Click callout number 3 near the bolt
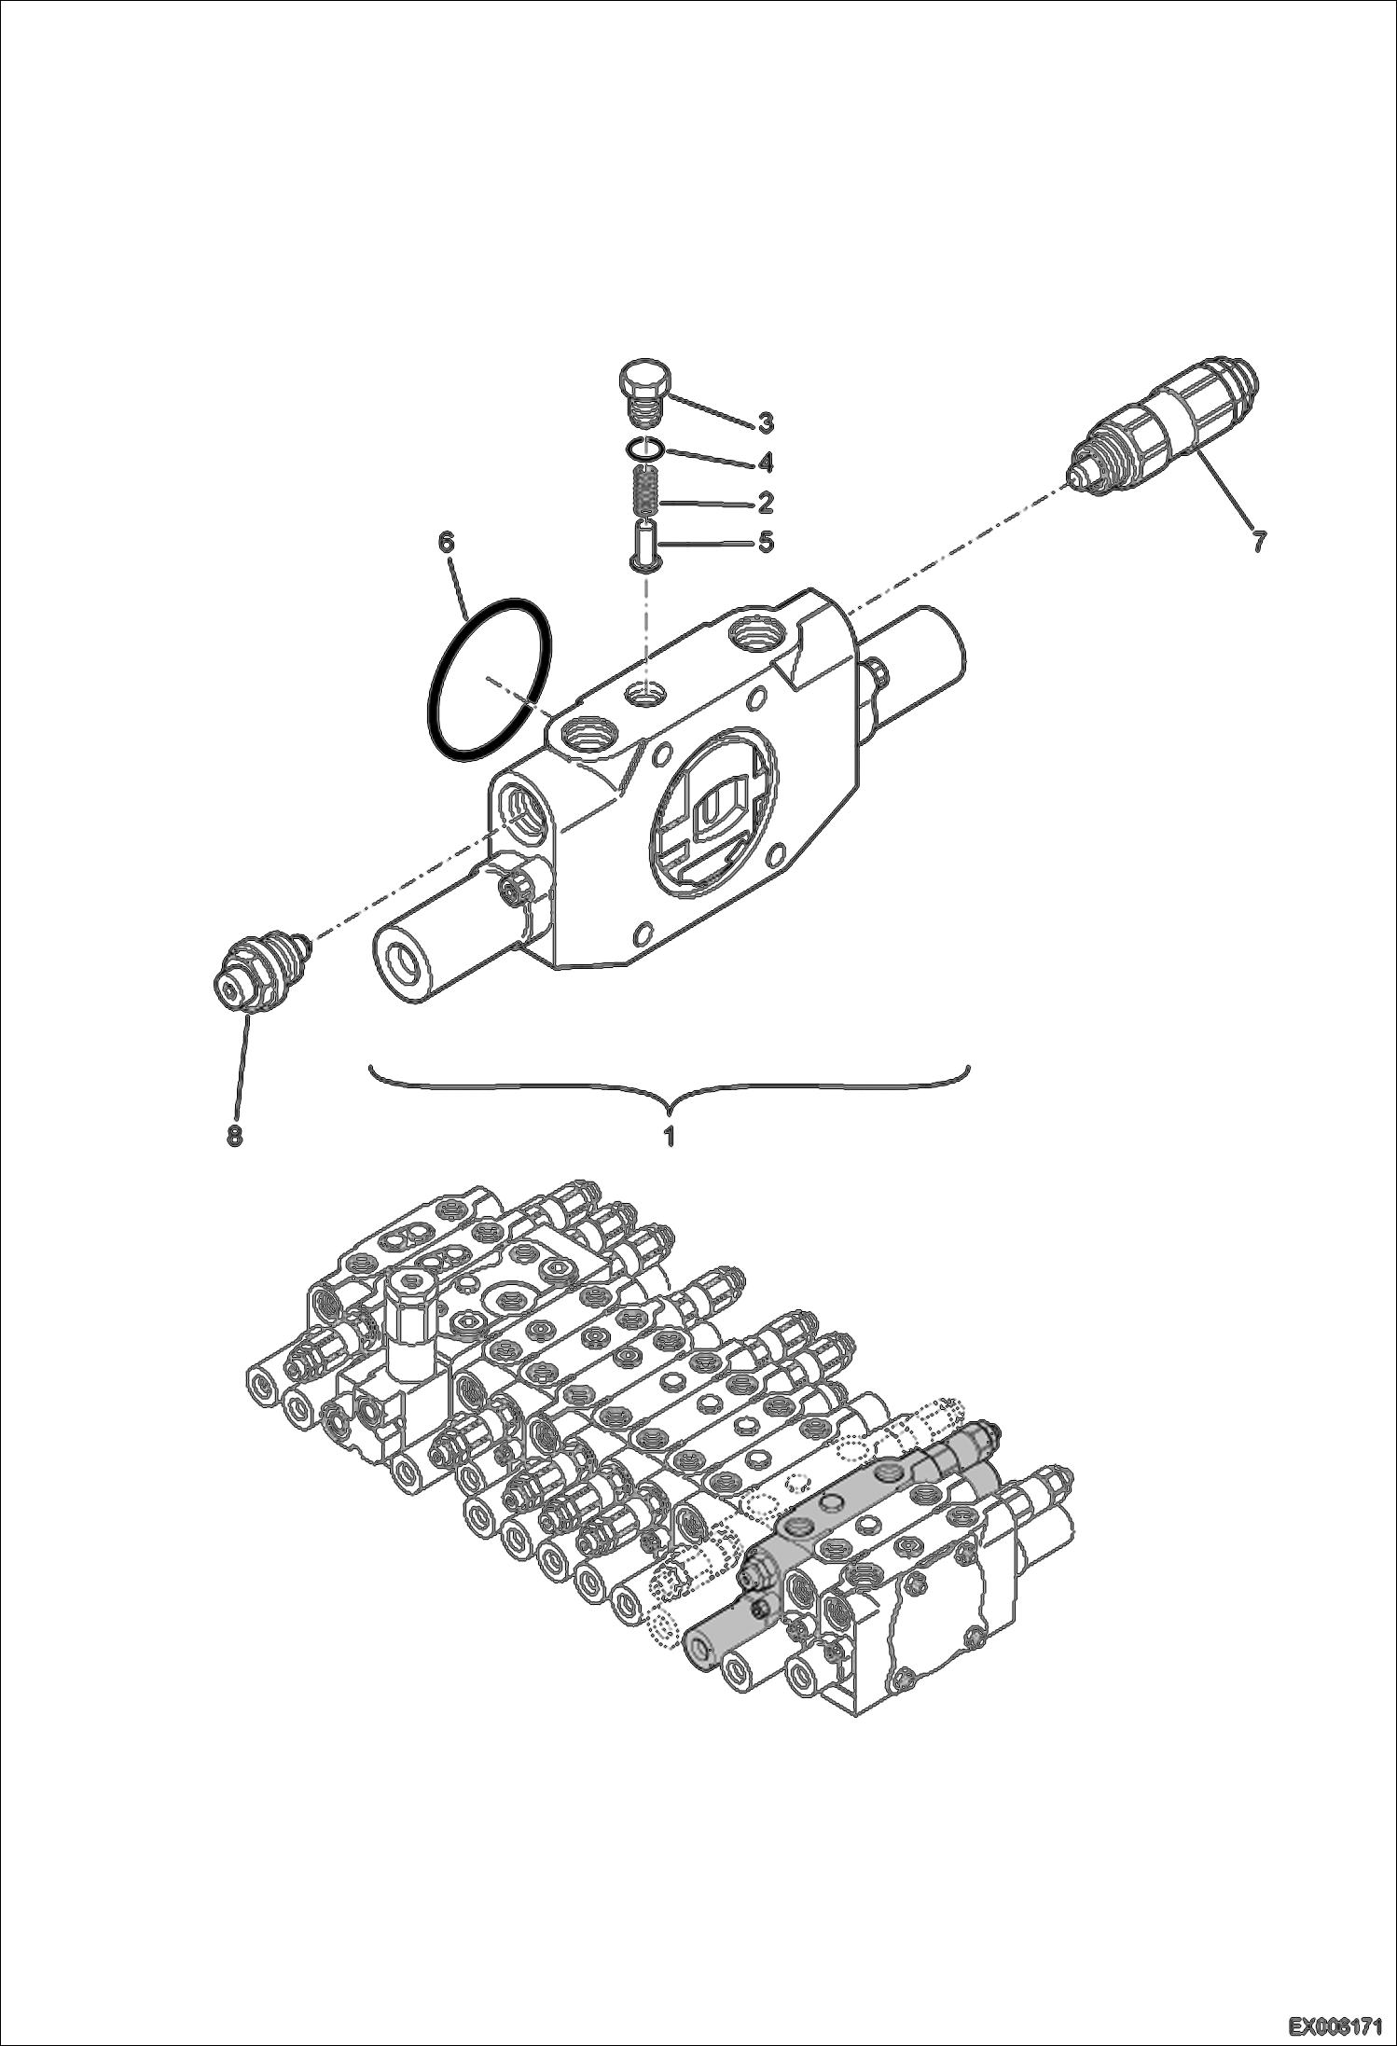(x=765, y=423)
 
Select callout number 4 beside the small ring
(x=765, y=463)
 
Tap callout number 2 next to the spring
(x=765, y=503)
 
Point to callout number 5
(x=765, y=542)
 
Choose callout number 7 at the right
(x=1258, y=540)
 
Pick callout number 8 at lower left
(x=233, y=1136)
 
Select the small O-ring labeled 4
(x=644, y=449)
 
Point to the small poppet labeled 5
(x=643, y=545)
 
